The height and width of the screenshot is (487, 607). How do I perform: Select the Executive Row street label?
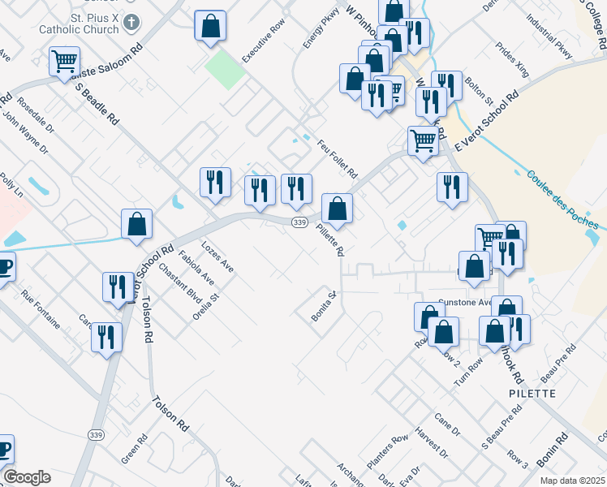coord(264,38)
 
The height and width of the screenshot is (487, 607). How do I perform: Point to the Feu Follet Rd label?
coord(337,158)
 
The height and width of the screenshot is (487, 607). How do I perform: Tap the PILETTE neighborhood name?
coord(533,393)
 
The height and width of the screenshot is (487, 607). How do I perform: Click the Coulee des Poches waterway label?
coord(562,200)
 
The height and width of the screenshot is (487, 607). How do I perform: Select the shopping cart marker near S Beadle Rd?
coord(64,62)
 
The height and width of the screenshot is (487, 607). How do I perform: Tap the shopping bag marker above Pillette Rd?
coord(337,208)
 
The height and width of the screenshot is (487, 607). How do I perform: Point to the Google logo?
coord(27,477)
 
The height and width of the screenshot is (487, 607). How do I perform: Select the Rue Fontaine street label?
coord(41,308)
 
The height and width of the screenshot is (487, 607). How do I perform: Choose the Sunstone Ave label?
coord(466,302)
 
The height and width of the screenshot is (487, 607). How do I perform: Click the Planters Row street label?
coord(387,452)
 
